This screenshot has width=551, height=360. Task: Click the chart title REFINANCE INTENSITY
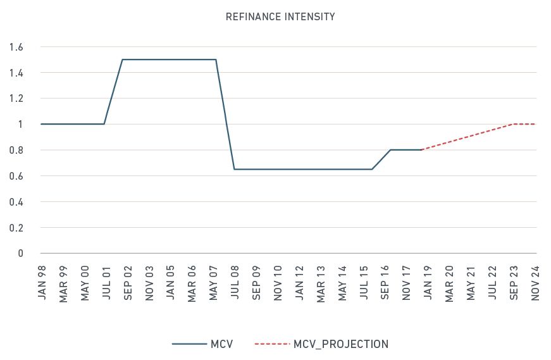[280, 17]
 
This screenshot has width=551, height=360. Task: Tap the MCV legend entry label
[222, 344]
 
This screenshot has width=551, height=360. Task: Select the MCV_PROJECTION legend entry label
[341, 344]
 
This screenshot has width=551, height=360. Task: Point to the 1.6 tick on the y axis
[16, 47]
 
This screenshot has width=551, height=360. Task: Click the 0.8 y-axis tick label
[16, 150]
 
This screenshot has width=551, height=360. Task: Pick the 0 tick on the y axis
[20, 253]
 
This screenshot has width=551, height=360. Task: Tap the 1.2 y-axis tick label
[16, 99]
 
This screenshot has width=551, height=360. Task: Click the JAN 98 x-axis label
[42, 282]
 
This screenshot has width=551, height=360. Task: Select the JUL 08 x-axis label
[235, 282]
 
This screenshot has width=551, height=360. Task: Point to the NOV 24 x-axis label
[535, 282]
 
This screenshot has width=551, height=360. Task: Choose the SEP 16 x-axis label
[385, 282]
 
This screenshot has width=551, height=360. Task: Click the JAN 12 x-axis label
[299, 282]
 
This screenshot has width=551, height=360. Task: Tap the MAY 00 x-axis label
[85, 282]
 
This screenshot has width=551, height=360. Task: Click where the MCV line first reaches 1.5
[121, 59]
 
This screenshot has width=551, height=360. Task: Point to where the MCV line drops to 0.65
[234, 170]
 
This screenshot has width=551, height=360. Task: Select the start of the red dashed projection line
[421, 149]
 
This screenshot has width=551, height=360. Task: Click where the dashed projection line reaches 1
[513, 124]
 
